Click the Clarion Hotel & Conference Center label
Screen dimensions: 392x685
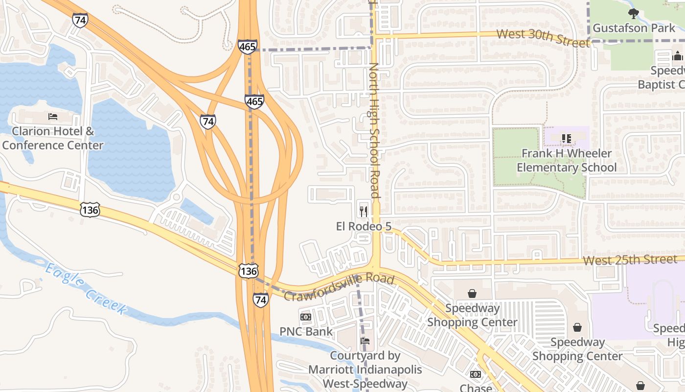(x=53, y=138)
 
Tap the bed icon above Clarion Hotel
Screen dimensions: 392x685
(x=53, y=117)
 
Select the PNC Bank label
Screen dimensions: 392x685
(x=306, y=331)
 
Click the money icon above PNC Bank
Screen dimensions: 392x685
(x=306, y=317)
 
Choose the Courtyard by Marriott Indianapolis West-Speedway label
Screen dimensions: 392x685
(x=365, y=369)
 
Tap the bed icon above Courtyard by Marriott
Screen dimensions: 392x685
(x=365, y=341)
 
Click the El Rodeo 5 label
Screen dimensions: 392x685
(x=364, y=226)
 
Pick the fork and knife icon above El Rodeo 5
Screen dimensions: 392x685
(x=364, y=211)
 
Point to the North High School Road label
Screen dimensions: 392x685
(x=375, y=130)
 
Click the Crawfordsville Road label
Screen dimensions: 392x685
(x=339, y=287)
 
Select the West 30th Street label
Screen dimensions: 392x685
(x=543, y=38)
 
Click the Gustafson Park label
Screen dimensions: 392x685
(x=634, y=28)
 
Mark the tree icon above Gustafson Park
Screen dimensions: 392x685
(x=634, y=13)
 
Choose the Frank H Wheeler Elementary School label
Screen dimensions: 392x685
(x=567, y=160)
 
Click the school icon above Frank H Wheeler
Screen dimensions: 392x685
(x=567, y=139)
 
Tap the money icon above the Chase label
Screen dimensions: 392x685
(x=475, y=374)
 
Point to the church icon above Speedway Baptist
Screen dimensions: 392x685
(x=678, y=56)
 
